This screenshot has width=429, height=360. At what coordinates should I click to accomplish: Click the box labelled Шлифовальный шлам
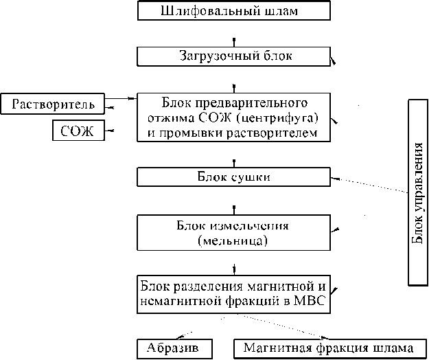pyautogui.click(x=234, y=11)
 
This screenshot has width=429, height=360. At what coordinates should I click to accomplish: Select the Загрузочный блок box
pyautogui.click(x=234, y=56)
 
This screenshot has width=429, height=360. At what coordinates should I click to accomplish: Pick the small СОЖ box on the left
pyautogui.click(x=78, y=130)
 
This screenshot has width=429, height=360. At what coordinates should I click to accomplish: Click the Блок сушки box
pyautogui.click(x=234, y=177)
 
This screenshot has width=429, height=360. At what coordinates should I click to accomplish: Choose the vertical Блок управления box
pyautogui.click(x=417, y=192)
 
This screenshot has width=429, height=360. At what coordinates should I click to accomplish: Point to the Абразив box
pyautogui.click(x=173, y=348)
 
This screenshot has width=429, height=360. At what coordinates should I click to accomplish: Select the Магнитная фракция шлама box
pyautogui.click(x=329, y=348)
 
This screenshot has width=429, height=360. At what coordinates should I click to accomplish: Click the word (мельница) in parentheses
pyautogui.click(x=232, y=241)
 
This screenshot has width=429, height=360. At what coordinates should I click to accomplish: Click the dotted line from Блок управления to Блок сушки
pyautogui.click(x=371, y=186)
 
